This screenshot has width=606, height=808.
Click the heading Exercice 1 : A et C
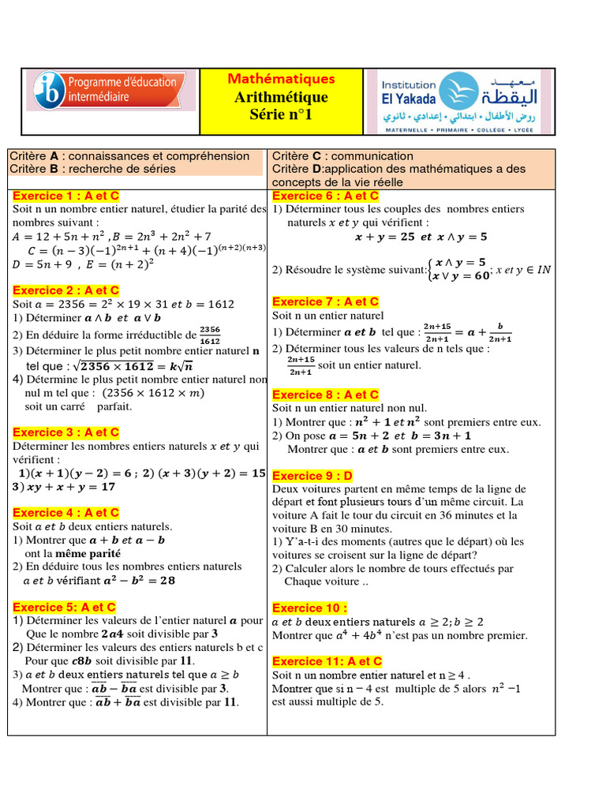(x=65, y=196)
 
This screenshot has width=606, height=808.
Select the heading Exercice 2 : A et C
(x=65, y=290)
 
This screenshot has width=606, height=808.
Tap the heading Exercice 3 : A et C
(x=65, y=432)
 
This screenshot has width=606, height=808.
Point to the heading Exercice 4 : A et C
(x=65, y=513)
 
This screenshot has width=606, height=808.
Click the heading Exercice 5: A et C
(x=64, y=607)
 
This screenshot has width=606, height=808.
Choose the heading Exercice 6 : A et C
(x=325, y=196)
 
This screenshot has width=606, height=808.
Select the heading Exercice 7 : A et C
(x=325, y=301)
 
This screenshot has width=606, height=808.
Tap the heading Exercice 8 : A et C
(x=325, y=395)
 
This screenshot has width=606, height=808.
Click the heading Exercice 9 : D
(x=312, y=476)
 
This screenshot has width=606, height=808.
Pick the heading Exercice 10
(x=309, y=608)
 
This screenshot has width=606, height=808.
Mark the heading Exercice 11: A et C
(x=327, y=661)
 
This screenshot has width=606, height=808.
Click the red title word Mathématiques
(x=281, y=79)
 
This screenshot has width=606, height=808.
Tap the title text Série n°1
(x=281, y=115)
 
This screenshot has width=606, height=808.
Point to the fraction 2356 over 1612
(x=210, y=335)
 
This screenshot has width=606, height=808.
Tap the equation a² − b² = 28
(x=137, y=580)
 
